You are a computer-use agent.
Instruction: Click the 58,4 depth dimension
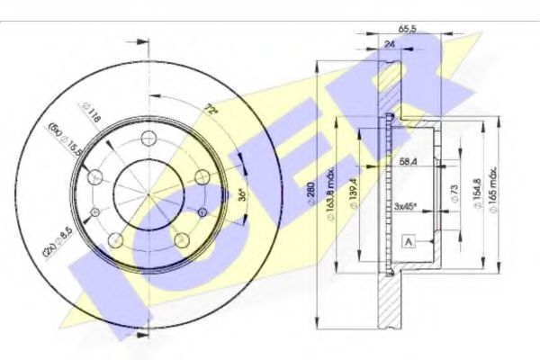(x=406, y=162)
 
